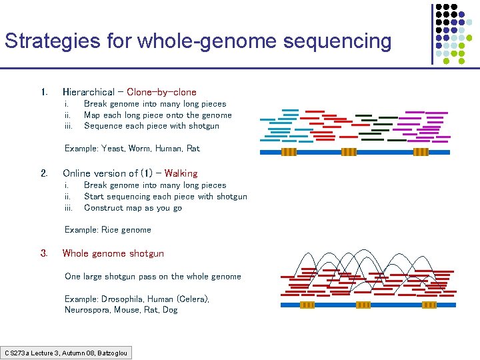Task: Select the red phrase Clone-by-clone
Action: click(161, 92)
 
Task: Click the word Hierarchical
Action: click(89, 92)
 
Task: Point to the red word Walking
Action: click(181, 173)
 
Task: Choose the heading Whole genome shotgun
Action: click(113, 253)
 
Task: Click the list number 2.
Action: click(44, 173)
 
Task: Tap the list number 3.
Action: click(44, 253)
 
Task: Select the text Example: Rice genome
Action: click(108, 230)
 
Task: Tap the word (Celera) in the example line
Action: click(193, 299)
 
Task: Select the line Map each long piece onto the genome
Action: click(158, 115)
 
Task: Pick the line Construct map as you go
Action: click(133, 207)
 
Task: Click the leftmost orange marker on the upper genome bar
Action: click(289, 152)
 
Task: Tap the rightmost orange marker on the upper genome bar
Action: click(421, 152)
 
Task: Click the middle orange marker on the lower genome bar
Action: click(363, 305)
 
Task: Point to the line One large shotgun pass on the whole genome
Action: click(153, 276)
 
